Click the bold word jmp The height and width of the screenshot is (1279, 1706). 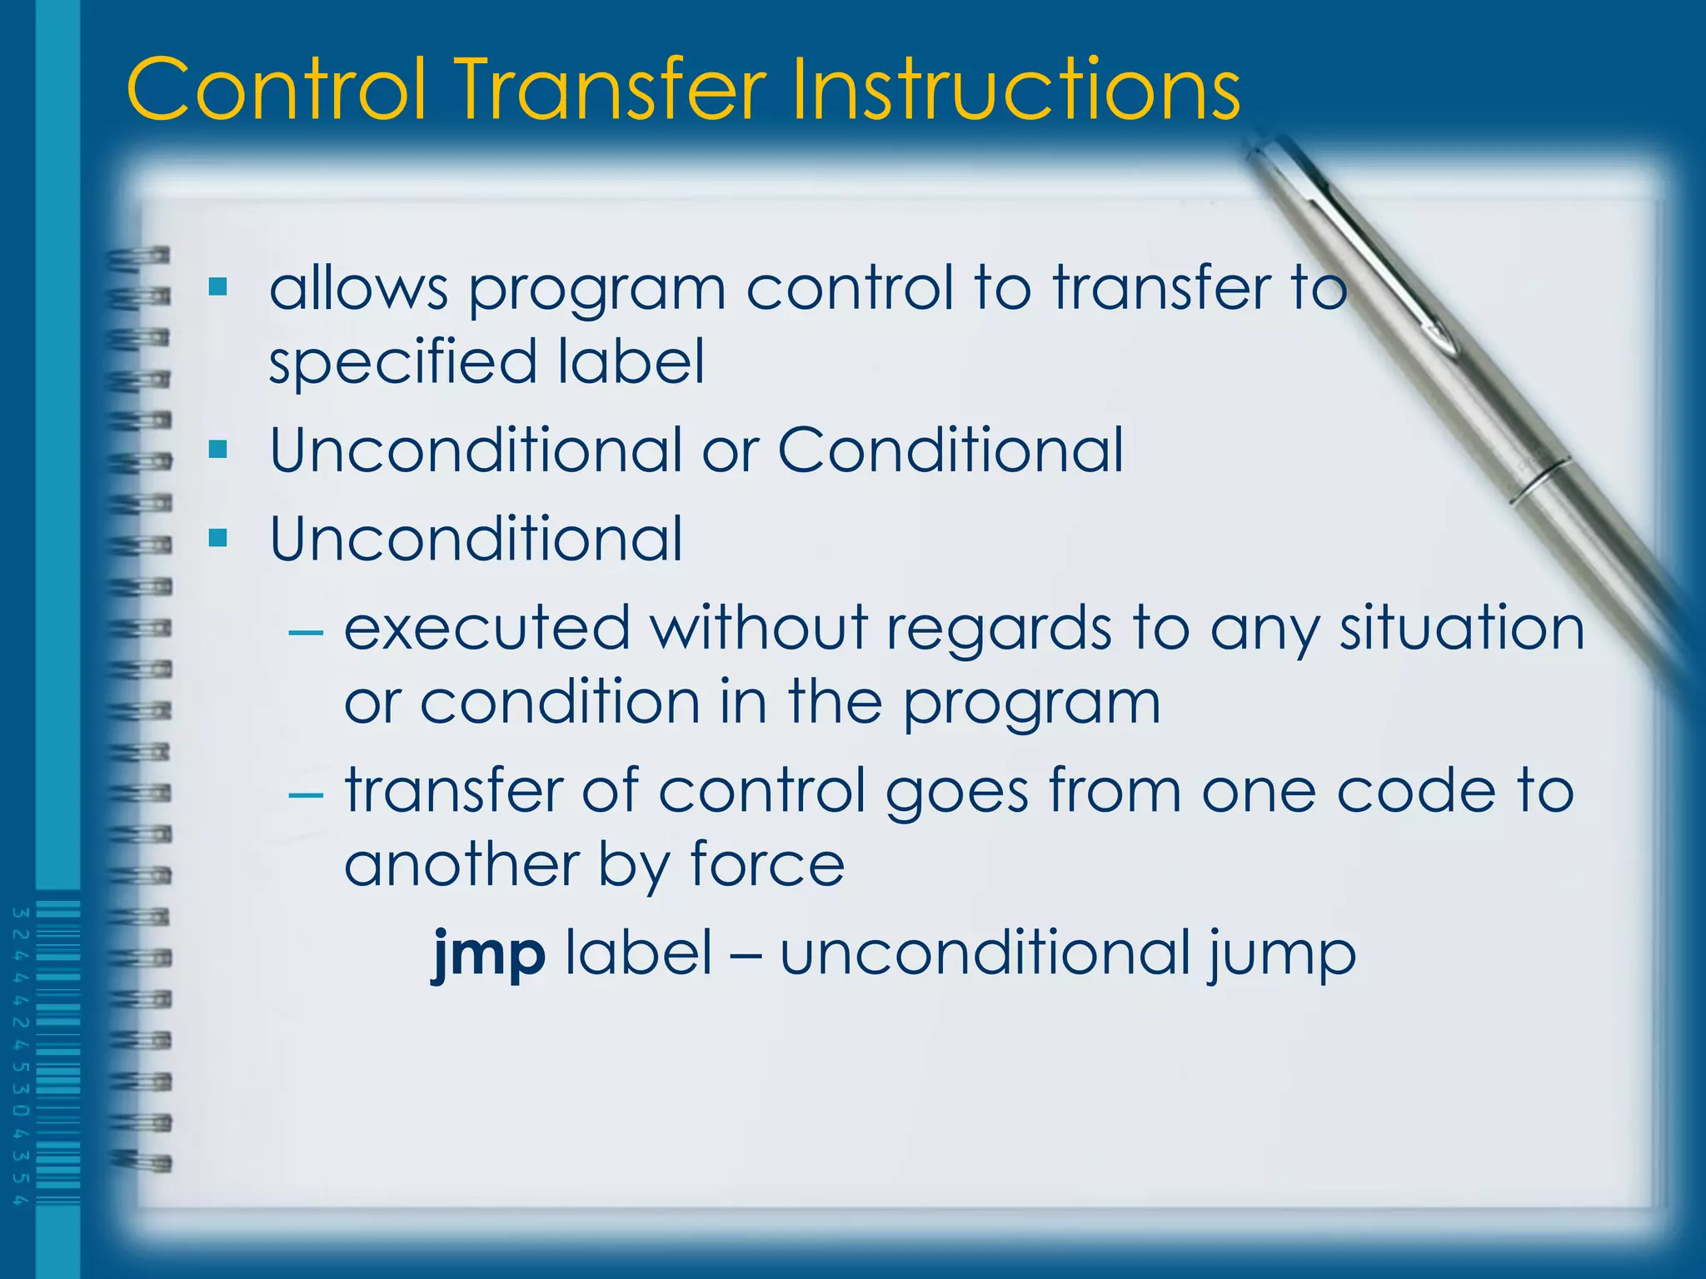point(489,953)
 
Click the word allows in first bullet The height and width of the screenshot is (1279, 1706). point(358,288)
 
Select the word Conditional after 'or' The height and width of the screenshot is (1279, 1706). point(950,450)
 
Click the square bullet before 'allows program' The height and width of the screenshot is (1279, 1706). point(218,288)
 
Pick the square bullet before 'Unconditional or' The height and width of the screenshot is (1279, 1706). point(218,450)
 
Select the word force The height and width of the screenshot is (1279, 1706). point(767,863)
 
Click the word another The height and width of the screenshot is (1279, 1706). point(461,863)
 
